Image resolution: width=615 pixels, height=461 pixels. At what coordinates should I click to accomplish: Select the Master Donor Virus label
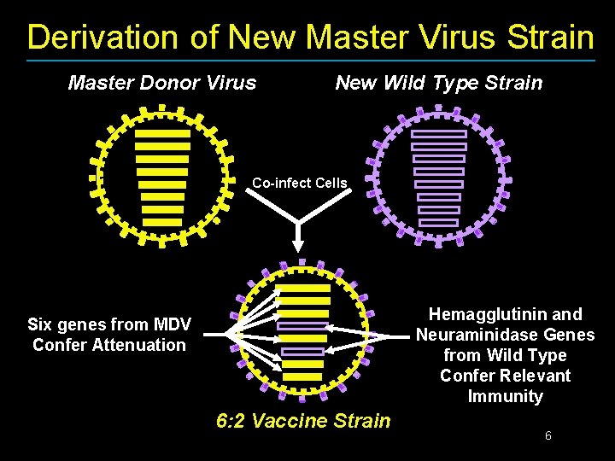161,83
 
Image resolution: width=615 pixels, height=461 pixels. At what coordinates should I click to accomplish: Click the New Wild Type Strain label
438,83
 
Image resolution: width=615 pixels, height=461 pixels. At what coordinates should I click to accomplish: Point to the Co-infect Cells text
299,183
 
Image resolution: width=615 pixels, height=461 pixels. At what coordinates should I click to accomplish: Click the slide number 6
548,436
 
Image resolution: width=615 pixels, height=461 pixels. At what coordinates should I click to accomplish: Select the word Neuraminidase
477,335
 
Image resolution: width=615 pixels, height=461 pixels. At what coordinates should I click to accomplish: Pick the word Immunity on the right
505,396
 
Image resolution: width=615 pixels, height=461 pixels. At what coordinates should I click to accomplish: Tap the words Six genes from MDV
109,324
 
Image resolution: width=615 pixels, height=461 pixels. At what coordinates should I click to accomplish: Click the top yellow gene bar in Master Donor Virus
162,133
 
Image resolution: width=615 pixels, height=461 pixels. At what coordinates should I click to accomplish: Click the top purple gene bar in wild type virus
439,134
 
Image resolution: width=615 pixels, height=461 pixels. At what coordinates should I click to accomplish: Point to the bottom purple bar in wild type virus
439,223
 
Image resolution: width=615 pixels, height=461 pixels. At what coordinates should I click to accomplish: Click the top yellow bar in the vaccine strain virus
303,289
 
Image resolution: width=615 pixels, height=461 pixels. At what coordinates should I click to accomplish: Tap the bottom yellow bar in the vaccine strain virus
302,376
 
